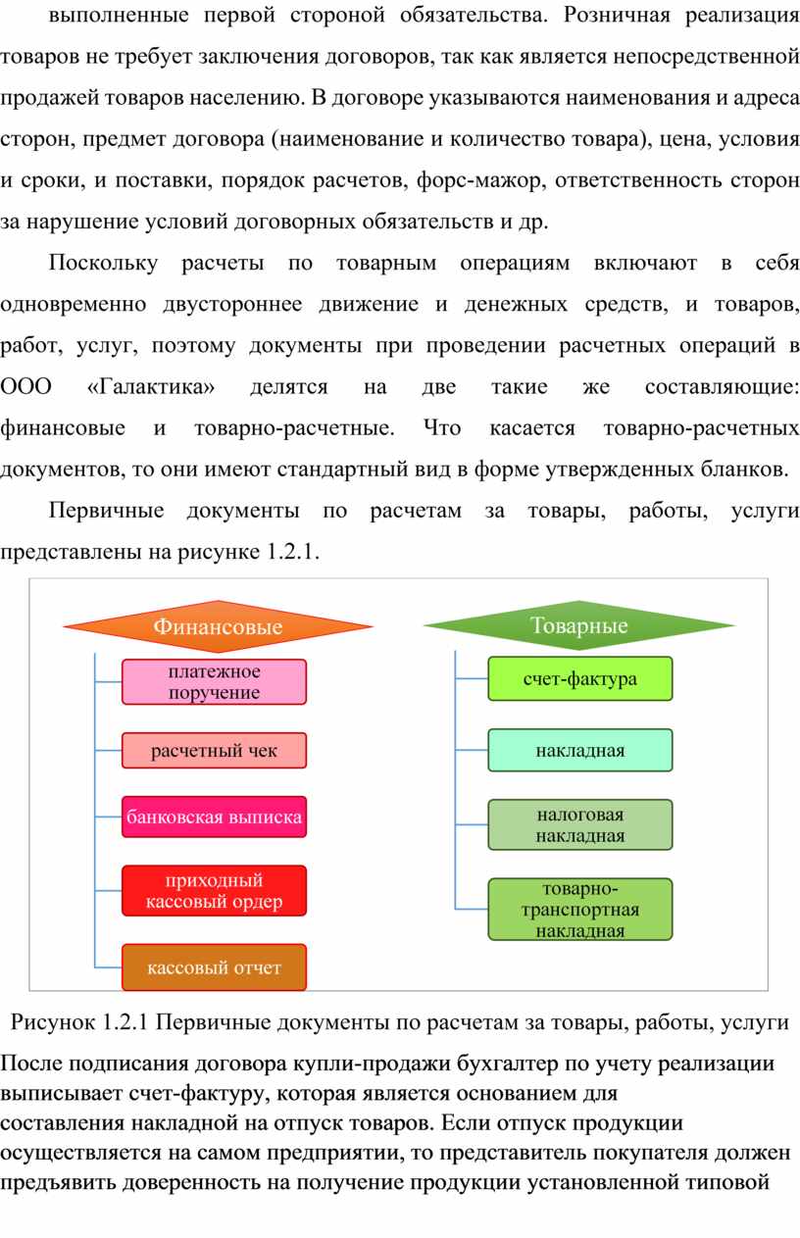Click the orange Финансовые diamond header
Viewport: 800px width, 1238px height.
tap(219, 626)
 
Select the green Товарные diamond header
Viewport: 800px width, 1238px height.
tap(578, 625)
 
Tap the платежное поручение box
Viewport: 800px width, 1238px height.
tap(214, 681)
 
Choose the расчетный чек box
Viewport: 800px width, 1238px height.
tap(214, 750)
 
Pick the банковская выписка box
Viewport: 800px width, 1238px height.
tap(214, 817)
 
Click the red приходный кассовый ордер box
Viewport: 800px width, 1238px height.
tap(214, 890)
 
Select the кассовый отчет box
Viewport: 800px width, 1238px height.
tap(214, 967)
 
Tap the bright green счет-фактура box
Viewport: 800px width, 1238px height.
tap(580, 678)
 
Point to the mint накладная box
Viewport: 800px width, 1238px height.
tap(580, 750)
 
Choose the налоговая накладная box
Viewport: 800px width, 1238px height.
tap(580, 824)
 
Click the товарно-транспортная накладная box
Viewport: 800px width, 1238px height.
tap(580, 910)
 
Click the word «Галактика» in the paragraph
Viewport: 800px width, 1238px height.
tap(151, 386)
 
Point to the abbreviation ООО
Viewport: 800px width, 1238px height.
tap(26, 386)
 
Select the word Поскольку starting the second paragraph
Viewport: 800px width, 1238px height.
tap(103, 263)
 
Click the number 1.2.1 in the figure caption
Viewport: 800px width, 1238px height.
tap(125, 1022)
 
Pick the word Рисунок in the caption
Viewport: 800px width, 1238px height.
tap(53, 1023)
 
